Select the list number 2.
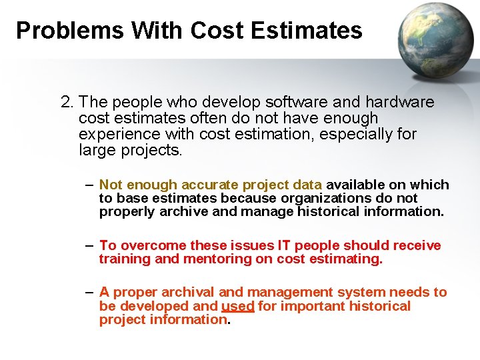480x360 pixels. point(67,103)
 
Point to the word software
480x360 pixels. point(297,103)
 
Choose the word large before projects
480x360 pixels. point(97,150)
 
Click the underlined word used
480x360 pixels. point(237,306)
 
